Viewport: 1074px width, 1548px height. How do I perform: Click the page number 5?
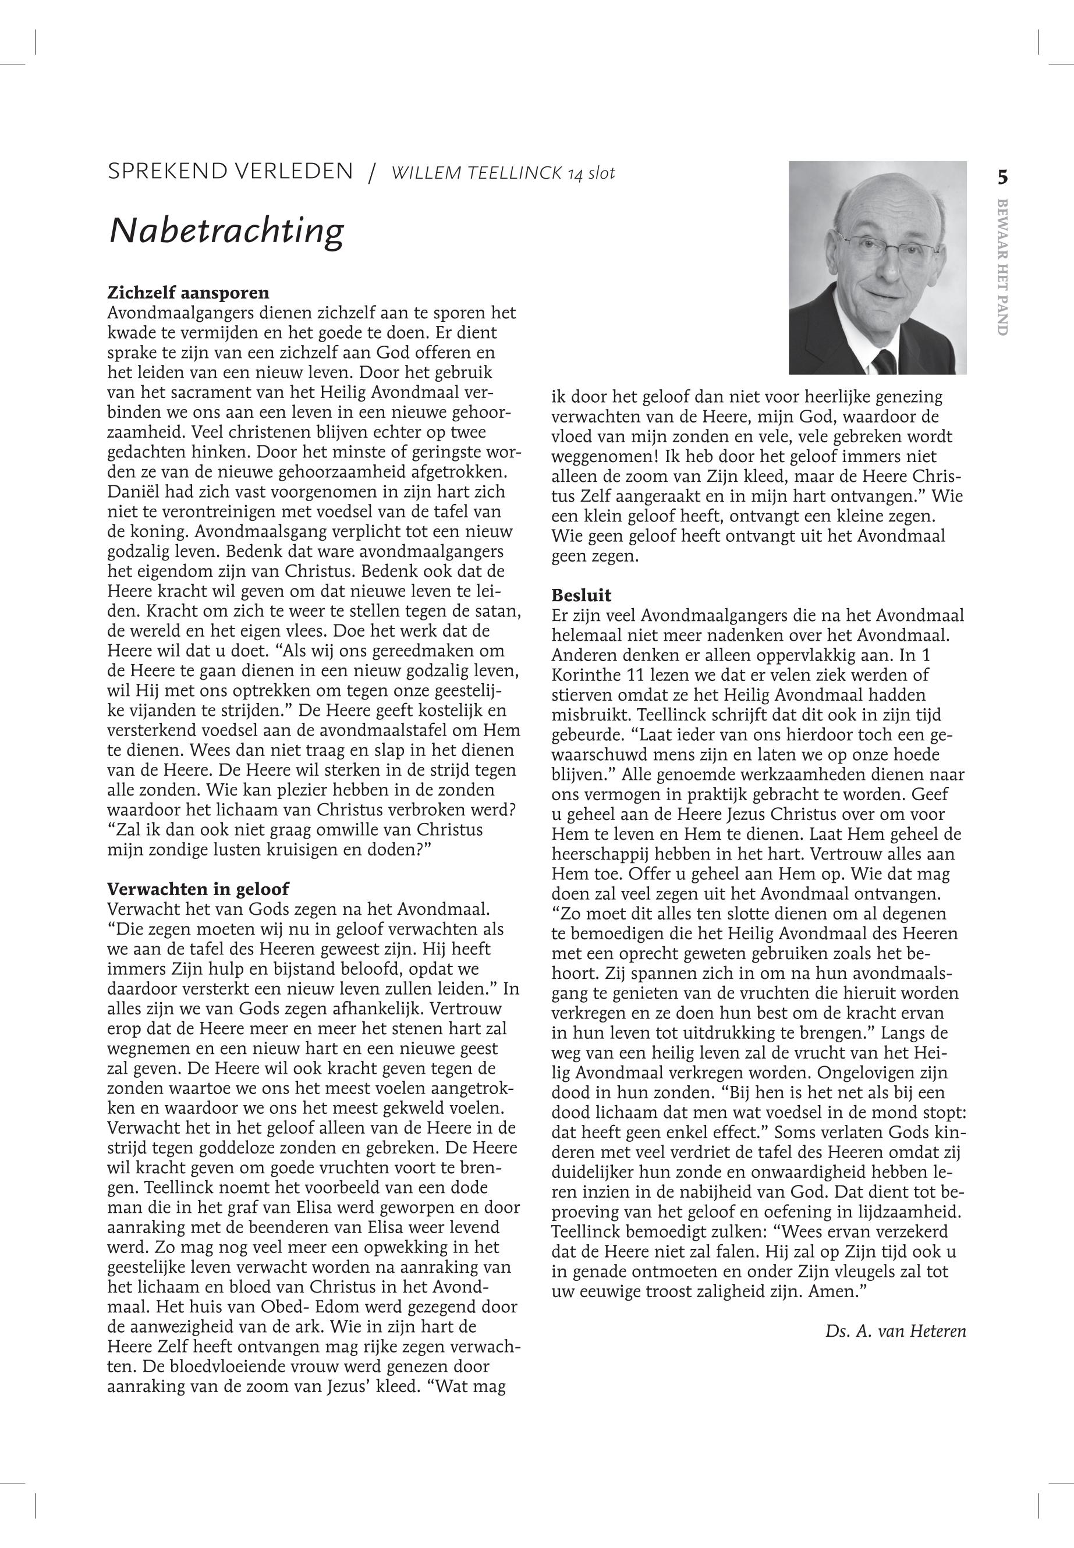[1002, 177]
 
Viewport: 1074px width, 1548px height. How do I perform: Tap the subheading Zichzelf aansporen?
[189, 293]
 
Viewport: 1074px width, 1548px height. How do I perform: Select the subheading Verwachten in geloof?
[198, 889]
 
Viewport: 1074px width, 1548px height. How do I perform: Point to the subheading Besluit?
[582, 595]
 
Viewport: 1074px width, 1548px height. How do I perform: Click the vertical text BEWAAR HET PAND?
[1002, 267]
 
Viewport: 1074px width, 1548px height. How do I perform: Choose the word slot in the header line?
[601, 173]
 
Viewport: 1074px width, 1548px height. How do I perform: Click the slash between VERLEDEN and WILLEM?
[371, 174]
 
